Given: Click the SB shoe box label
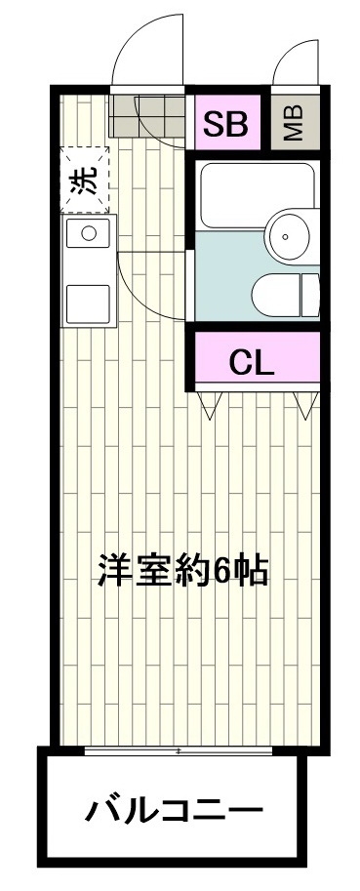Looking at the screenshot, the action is pyautogui.click(x=225, y=124).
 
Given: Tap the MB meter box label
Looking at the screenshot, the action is pyautogui.click(x=294, y=123).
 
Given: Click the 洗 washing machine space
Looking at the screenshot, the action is pyautogui.click(x=85, y=179).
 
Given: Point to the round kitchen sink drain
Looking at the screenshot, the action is pyautogui.click(x=89, y=232).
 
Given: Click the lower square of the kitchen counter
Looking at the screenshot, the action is pyautogui.click(x=88, y=304).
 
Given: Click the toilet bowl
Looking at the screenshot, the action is pyautogui.click(x=276, y=295).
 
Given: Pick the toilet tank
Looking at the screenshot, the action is pyautogui.click(x=310, y=295).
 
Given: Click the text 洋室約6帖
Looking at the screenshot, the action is pyautogui.click(x=182, y=570).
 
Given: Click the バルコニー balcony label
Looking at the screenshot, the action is pyautogui.click(x=174, y=809).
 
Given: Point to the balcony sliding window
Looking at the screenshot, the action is pyautogui.click(x=179, y=750).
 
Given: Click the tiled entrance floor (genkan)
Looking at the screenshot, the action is pyautogui.click(x=146, y=116).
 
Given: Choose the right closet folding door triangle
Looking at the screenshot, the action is pyautogui.click(x=306, y=406).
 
